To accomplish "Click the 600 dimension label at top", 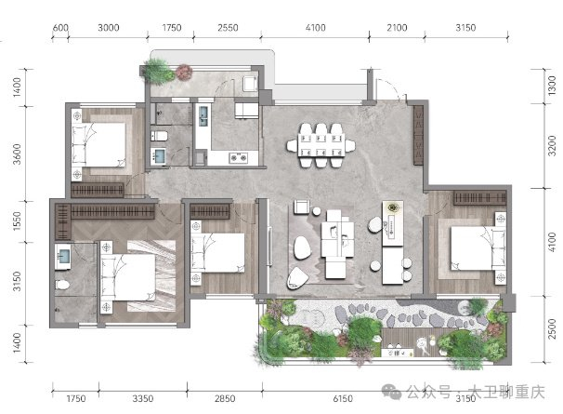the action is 60,28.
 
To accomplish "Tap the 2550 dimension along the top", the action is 228,28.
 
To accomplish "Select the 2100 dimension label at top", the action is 397,28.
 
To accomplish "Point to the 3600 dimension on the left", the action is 17,154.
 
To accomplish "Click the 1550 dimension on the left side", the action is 17,220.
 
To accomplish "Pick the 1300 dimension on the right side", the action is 552,86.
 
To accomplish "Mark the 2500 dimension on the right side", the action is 552,328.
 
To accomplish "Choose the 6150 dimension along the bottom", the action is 343,398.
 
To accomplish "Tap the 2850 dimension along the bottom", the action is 225,398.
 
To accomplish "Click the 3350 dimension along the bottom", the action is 143,398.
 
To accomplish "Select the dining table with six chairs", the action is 321,145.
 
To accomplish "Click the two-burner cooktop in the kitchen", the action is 239,157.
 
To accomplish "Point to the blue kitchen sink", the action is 203,116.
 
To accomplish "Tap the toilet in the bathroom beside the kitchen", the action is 159,136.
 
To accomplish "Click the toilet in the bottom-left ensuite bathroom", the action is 62,285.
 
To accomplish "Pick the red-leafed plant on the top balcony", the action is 184,72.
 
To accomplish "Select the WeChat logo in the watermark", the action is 391,391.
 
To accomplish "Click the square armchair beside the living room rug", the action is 302,207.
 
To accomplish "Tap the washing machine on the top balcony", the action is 249,84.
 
